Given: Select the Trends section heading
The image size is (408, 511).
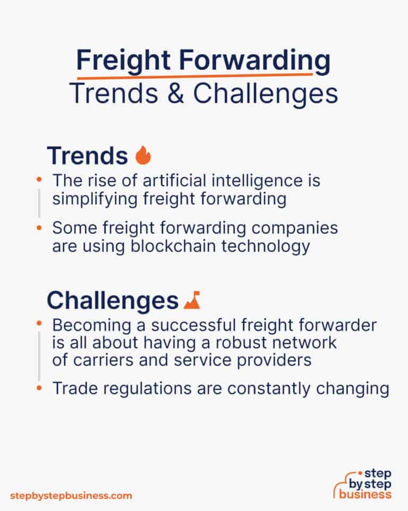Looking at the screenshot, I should pyautogui.click(x=87, y=155).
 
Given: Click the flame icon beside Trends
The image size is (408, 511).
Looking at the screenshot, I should pyautogui.click(x=143, y=155).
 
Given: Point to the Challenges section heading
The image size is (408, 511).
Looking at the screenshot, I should pyautogui.click(x=112, y=301).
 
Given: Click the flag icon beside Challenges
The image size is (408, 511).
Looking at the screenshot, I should pyautogui.click(x=191, y=301).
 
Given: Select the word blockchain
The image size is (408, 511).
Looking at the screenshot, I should pyautogui.click(x=191, y=246).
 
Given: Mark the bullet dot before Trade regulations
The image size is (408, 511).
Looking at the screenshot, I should pyautogui.click(x=39, y=389).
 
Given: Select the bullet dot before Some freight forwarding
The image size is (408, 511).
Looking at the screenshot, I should pyautogui.click(x=39, y=228).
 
